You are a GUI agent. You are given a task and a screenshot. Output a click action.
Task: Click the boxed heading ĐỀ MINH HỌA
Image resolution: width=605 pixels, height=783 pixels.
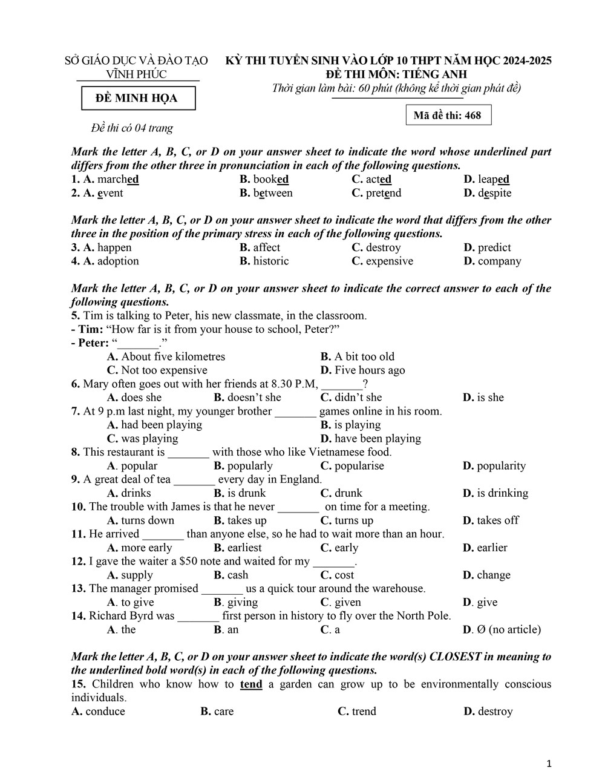tap(138, 98)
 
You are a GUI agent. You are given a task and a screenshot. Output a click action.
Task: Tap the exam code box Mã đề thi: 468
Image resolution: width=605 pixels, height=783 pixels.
tap(448, 115)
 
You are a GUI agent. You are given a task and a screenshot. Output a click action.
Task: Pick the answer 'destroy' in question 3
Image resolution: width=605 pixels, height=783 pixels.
tap(383, 247)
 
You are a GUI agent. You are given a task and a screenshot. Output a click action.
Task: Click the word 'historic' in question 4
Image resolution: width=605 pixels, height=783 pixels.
tap(270, 261)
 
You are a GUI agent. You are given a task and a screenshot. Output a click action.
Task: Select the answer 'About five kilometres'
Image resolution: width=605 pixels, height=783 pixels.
tap(172, 356)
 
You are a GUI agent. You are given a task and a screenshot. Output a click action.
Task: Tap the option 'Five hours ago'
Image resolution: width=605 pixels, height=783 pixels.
tap(370, 370)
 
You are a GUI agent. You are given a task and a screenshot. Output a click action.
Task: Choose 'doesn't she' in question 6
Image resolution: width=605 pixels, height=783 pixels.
tap(254, 397)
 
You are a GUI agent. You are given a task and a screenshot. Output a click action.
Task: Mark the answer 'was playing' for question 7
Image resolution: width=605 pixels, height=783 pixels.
tap(149, 438)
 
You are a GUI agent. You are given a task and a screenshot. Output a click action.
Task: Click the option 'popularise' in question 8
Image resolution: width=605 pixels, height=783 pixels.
tap(359, 465)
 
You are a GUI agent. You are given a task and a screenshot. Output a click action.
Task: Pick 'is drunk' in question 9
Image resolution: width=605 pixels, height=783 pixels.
tap(246, 493)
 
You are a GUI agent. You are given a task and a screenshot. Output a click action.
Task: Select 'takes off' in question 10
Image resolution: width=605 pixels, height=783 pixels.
tap(497, 520)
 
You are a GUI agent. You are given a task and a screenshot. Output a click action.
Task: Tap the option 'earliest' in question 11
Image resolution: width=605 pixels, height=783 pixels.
tap(244, 547)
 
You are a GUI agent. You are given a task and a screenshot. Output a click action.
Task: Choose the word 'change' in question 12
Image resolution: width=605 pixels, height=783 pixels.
tap(493, 574)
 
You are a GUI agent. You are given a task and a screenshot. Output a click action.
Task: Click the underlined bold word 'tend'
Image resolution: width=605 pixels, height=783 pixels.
tap(251, 684)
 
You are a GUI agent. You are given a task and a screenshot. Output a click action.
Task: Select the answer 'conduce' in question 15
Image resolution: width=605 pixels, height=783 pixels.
tap(105, 711)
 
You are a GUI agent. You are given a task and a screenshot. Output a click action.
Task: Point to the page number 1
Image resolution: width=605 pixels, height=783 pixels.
tap(549, 764)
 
